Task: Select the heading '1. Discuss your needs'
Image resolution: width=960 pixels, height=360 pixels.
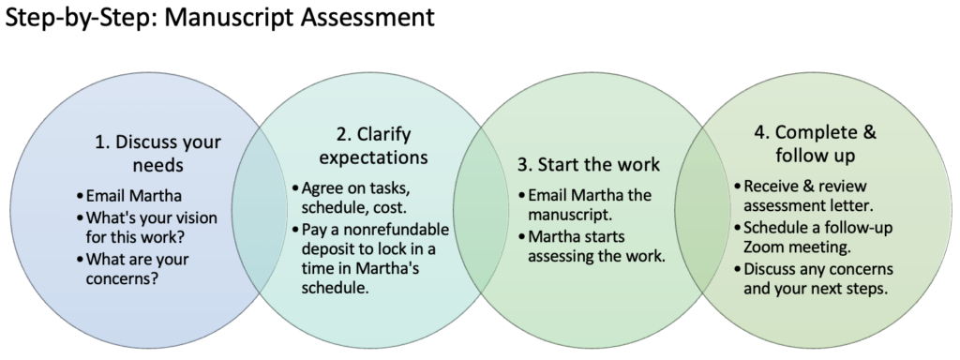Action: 158,155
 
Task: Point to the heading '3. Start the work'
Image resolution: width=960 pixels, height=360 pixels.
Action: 589,165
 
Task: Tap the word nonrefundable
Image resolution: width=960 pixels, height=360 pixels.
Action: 394,230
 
